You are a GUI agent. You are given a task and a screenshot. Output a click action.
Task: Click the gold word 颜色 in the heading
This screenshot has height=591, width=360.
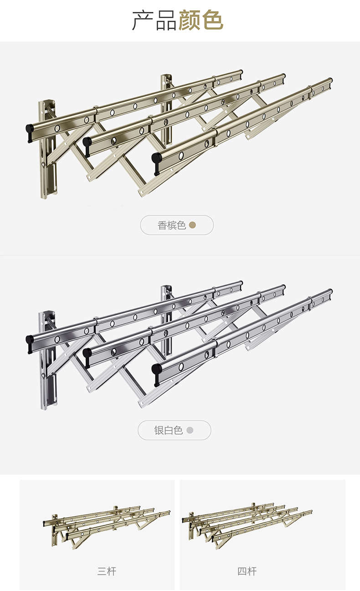201,20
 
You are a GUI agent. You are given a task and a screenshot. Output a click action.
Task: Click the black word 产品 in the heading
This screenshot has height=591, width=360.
154,21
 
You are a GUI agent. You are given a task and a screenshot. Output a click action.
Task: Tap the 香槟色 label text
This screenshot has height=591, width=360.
172,225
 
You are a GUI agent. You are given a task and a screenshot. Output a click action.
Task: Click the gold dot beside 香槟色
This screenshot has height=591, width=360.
192,225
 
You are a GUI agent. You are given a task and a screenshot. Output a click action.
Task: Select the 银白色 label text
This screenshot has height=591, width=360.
169,430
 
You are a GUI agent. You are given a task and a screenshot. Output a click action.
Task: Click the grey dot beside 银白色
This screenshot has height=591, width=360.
190,430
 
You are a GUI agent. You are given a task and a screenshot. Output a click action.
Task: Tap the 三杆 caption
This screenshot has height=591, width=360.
107,571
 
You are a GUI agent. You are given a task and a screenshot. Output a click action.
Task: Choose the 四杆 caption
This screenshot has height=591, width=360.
247,571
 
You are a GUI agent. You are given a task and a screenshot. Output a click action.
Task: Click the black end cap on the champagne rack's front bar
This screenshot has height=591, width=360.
157,162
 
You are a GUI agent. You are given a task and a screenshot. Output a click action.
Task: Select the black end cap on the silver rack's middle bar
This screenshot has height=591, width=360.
87,354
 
